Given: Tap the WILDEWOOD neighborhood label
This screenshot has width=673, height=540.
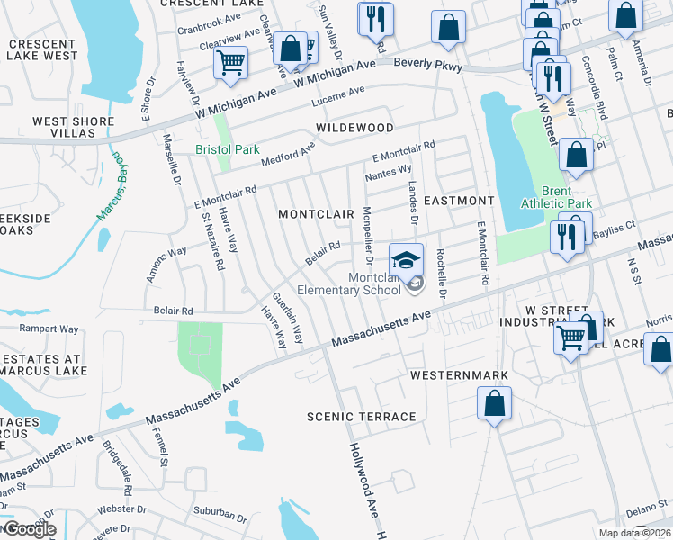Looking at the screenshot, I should coord(354,129).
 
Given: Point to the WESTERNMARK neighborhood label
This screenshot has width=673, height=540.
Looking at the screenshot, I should coord(459,374).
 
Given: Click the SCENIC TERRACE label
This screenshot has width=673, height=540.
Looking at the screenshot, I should coord(362,417).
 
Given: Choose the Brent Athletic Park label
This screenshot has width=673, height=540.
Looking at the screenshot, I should coord(567,198).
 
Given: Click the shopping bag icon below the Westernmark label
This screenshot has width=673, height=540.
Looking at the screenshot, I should coord(494,403).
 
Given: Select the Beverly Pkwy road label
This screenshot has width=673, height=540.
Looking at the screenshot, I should coord(429,67).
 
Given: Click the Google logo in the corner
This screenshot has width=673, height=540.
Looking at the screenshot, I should coord(29,528).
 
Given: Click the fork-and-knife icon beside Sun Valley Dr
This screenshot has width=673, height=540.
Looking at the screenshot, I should coord(375,18).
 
